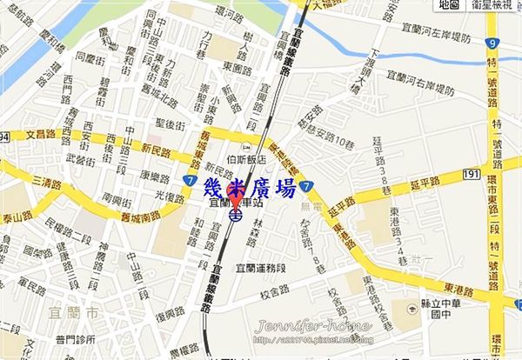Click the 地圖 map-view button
[450, 5]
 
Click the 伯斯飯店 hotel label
[244, 161]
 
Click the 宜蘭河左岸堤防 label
[435, 37]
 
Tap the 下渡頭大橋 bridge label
[354, 69]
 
